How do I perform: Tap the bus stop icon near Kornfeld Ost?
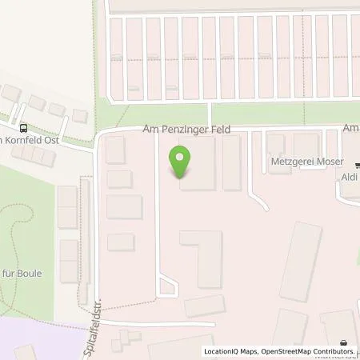pos(22,126)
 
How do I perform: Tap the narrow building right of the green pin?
pos(232,162)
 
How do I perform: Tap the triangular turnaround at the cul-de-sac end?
pos(167,286)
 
